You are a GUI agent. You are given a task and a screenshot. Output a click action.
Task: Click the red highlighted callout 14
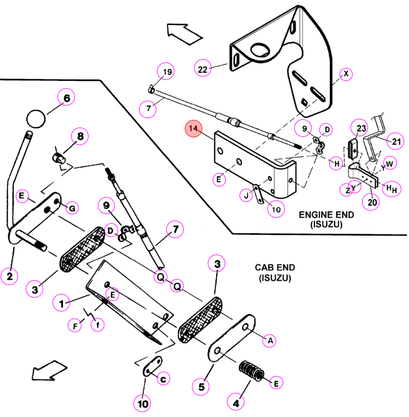tap(194, 129)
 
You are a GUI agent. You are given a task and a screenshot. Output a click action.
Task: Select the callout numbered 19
tap(166, 72)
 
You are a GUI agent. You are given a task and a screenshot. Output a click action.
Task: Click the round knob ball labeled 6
tap(36, 119)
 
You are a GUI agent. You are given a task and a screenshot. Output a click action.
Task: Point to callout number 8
tap(80, 136)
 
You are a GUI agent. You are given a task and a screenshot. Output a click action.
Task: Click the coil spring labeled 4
tap(251, 370)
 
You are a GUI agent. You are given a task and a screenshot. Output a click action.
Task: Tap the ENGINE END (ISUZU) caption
tap(326, 219)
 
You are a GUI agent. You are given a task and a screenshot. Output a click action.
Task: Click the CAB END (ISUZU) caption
tap(275, 273)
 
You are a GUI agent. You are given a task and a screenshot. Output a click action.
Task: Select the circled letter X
tap(346, 74)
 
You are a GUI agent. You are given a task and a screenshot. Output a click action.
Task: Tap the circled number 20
tap(371, 202)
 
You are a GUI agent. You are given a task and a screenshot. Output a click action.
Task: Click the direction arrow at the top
tap(184, 33)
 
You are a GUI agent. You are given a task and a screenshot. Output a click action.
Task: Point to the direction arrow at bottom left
tap(49, 370)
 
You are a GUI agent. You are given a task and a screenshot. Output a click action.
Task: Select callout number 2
tap(9, 276)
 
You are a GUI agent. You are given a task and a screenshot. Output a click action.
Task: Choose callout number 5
tap(201, 387)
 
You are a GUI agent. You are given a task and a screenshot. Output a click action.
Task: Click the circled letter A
tap(269, 340)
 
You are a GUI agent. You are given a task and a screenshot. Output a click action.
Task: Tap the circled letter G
tap(72, 208)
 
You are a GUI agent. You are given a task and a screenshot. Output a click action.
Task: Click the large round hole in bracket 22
tap(260, 50)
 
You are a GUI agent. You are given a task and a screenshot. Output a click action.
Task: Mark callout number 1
tap(61, 303)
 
